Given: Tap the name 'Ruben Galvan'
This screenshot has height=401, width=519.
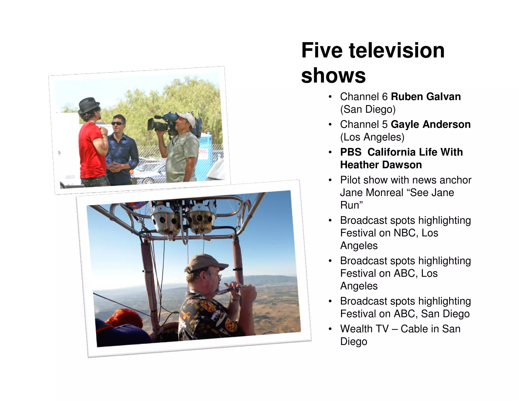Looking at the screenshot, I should [x=426, y=97].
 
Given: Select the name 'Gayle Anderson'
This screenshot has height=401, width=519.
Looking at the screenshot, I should [x=431, y=124].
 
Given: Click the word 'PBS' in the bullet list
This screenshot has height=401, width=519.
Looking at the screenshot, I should [x=351, y=152].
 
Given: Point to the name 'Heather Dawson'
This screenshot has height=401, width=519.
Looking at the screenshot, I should [x=381, y=165].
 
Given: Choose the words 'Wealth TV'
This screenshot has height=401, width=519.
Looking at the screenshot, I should [x=364, y=329].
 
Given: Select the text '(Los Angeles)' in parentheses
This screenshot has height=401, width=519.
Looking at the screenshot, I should [x=372, y=137].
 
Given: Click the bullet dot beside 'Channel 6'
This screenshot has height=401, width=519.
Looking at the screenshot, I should [x=330, y=97].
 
